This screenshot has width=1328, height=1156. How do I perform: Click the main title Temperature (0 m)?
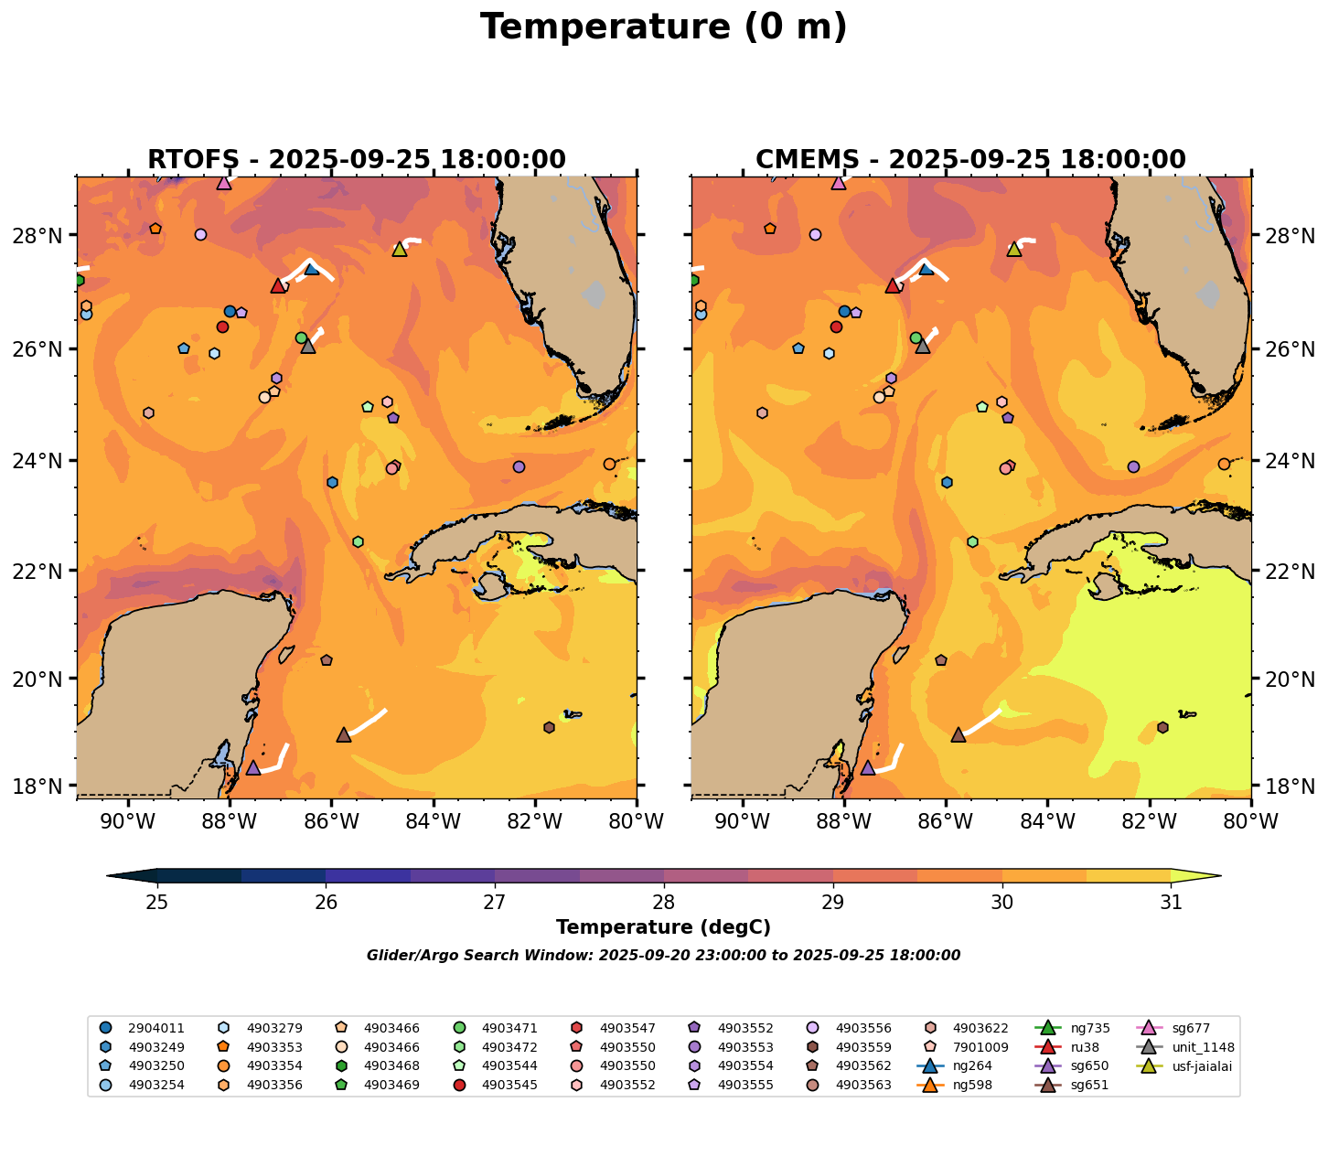tap(663, 27)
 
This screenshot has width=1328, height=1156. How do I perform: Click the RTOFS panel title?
tap(356, 160)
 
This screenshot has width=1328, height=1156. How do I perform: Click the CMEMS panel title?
tap(970, 160)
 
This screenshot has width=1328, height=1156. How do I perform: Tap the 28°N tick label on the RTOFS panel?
tap(45, 236)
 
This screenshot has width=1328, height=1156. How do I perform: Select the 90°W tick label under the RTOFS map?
tap(126, 822)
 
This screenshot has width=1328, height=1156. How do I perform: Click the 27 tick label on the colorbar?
tap(495, 903)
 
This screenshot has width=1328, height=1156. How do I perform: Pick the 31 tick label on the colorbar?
tap(1171, 903)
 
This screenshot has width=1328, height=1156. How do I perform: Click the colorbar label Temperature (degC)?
tap(663, 927)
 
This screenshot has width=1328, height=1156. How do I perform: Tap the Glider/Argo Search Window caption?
tap(663, 956)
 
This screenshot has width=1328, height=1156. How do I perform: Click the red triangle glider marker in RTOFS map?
tap(278, 286)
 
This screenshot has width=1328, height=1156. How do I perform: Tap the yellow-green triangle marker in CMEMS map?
tap(1013, 249)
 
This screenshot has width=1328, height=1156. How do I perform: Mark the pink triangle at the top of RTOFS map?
tap(224, 183)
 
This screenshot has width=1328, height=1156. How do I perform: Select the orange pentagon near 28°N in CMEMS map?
tap(770, 229)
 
